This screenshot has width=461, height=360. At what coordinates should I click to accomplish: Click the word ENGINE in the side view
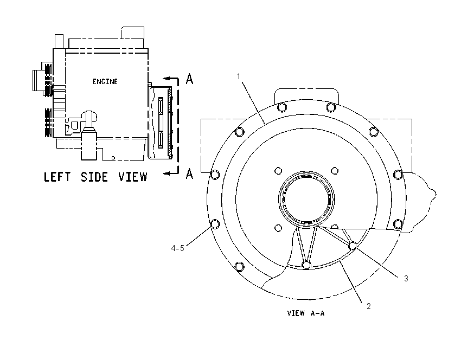(105, 81)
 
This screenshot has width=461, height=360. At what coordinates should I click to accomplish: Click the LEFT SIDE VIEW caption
(95, 177)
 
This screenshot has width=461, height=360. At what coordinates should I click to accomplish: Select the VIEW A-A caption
(306, 313)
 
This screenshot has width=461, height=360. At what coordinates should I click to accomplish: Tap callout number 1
(239, 76)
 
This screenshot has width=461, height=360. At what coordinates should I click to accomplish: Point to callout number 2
(369, 306)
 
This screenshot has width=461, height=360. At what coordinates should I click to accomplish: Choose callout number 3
(406, 278)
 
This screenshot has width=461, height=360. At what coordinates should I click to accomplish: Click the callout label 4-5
(177, 248)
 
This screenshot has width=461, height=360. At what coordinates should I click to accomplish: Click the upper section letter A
(190, 79)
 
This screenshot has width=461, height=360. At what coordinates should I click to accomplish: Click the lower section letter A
(190, 173)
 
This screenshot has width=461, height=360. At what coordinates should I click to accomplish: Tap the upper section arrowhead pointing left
(167, 78)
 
